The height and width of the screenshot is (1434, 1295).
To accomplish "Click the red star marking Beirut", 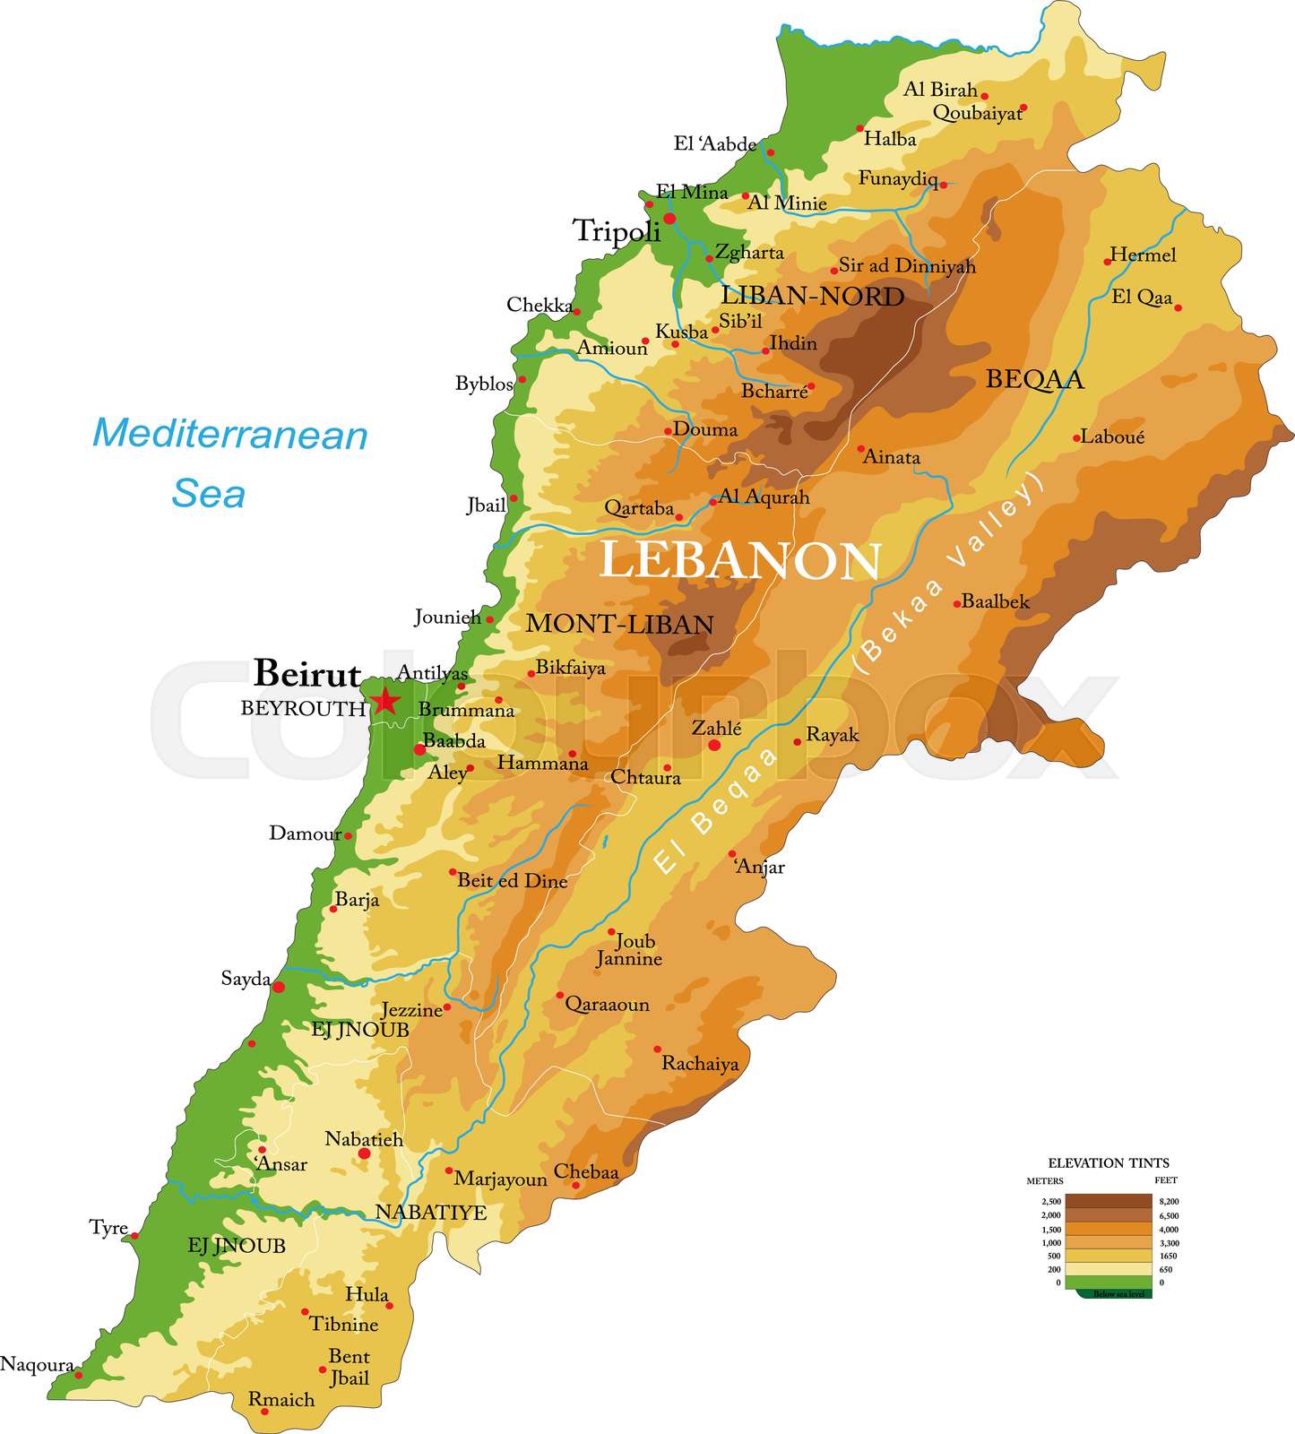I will tap(384, 701).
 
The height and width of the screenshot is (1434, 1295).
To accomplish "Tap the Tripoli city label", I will tap(617, 231).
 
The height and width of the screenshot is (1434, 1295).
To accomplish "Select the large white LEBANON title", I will tap(739, 561).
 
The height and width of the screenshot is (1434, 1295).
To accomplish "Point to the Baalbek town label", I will tap(995, 601).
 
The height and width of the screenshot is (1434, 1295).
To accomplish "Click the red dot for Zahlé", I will tap(714, 745).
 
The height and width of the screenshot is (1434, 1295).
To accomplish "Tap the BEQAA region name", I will tap(1034, 379).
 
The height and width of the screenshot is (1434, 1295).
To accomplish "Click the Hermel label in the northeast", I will tap(1143, 255).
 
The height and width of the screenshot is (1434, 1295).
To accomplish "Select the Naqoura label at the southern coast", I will tap(37, 1364).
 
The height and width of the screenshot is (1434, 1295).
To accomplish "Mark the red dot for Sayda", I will tap(279, 987).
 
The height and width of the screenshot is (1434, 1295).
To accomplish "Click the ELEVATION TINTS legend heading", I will tap(1109, 1163).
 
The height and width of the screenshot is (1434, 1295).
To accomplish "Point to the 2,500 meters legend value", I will tap(1050, 1201).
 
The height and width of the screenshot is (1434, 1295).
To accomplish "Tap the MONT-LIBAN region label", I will tap(619, 624).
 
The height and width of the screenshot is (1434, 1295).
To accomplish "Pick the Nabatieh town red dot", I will tap(364, 1153).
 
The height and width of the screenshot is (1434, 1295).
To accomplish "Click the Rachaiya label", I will tap(700, 1064).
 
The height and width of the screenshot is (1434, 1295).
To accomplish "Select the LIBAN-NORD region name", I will tap(812, 297).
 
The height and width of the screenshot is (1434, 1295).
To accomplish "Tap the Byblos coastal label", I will tap(484, 384).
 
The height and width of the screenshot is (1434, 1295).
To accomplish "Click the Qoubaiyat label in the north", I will tap(976, 113).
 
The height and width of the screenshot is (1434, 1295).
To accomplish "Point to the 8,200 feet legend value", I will tap(1169, 1201).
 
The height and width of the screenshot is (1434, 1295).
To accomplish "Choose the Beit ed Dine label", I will tap(513, 881).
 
